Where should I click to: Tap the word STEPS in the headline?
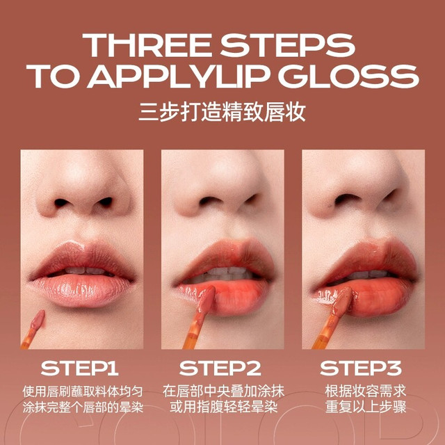(x=288, y=45)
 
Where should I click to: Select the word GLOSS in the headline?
(x=349, y=76)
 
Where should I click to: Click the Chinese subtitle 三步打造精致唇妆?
(x=222, y=112)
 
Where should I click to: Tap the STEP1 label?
(x=79, y=369)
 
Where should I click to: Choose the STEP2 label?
(x=220, y=369)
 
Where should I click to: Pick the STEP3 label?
(x=361, y=369)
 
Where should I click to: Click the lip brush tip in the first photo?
(x=38, y=319)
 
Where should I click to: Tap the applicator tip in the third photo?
(x=343, y=300)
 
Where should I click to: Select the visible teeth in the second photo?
(x=224, y=273)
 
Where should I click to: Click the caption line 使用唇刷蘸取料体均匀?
(x=83, y=392)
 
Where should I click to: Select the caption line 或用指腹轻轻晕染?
(x=223, y=407)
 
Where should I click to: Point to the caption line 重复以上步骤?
(x=366, y=407)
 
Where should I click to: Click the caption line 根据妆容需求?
(x=366, y=391)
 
